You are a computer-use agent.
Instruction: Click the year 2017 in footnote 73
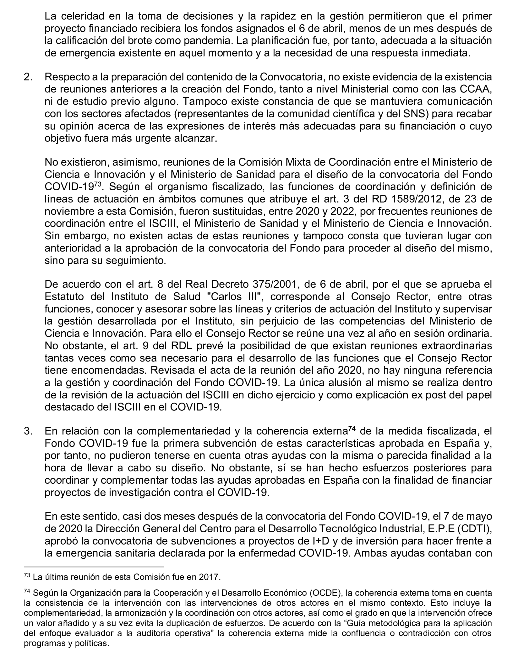[x=209, y=577]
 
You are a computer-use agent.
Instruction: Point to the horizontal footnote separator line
[x=94, y=567]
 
